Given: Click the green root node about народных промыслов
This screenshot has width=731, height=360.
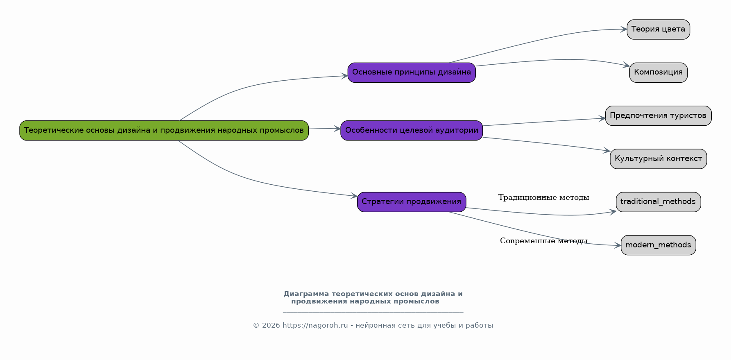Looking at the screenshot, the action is [164, 131].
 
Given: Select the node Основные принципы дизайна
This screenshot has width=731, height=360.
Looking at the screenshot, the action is [412, 72].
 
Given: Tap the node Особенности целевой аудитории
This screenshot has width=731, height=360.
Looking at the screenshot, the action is [412, 131].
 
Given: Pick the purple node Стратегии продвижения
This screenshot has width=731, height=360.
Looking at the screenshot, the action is [412, 202].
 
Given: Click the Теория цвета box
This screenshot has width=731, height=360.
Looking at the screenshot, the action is [658, 29].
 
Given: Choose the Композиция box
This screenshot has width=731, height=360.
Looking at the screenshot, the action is [658, 72].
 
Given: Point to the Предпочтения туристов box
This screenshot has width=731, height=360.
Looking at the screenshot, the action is [658, 116].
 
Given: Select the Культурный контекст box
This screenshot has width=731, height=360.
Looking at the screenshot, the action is [658, 159].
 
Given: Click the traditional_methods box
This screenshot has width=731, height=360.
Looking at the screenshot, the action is [658, 202].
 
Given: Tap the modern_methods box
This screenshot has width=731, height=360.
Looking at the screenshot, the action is [658, 245].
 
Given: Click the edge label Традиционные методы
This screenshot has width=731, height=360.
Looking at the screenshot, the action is [543, 198].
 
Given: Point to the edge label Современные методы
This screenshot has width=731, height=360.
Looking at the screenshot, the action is [543, 241].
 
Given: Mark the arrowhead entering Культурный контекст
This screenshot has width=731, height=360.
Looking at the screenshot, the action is [607, 151].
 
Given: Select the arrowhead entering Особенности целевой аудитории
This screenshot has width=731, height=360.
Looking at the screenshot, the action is [337, 129].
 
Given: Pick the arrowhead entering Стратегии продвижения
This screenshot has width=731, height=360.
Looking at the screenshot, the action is [354, 196].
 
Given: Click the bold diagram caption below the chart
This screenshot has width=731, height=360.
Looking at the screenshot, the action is [373, 298].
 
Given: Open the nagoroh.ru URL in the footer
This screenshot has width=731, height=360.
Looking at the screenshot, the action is [315, 326].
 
